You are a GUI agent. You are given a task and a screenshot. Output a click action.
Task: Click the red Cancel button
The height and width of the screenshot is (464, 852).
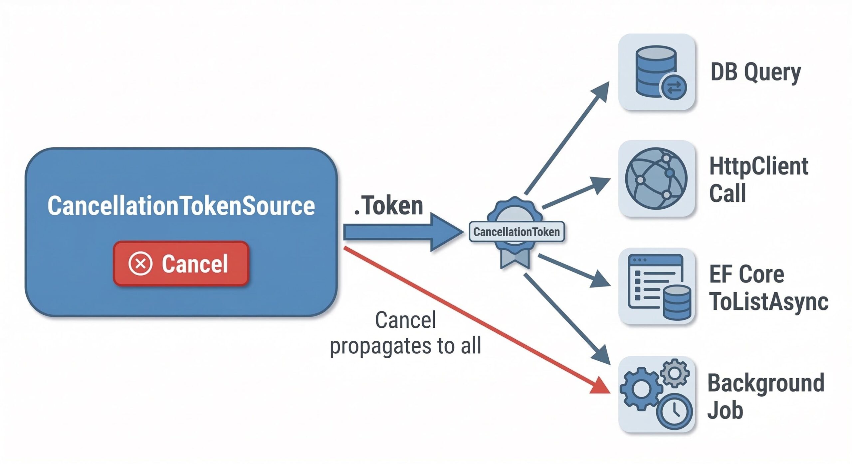click(181, 264)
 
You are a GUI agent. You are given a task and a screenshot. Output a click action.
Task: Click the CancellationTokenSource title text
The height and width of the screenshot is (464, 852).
click(181, 206)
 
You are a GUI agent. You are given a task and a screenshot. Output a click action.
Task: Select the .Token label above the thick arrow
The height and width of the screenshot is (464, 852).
click(389, 206)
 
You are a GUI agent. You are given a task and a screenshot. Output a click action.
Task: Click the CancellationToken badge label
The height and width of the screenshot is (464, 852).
click(517, 232)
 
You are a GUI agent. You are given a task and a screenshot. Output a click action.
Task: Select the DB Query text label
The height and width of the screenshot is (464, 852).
click(755, 72)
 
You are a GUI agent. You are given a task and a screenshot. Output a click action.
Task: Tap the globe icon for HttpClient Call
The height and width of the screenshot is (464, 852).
click(656, 178)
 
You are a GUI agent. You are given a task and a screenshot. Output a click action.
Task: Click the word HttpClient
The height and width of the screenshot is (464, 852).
click(759, 166)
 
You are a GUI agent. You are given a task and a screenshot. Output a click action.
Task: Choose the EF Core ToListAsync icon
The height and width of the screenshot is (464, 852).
click(657, 286)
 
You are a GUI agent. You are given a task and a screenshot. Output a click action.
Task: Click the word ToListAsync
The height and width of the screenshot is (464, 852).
click(769, 301)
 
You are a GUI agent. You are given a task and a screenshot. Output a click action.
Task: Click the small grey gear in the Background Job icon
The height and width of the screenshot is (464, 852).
click(675, 373)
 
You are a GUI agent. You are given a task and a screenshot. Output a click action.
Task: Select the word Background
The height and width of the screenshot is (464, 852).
click(766, 383)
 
